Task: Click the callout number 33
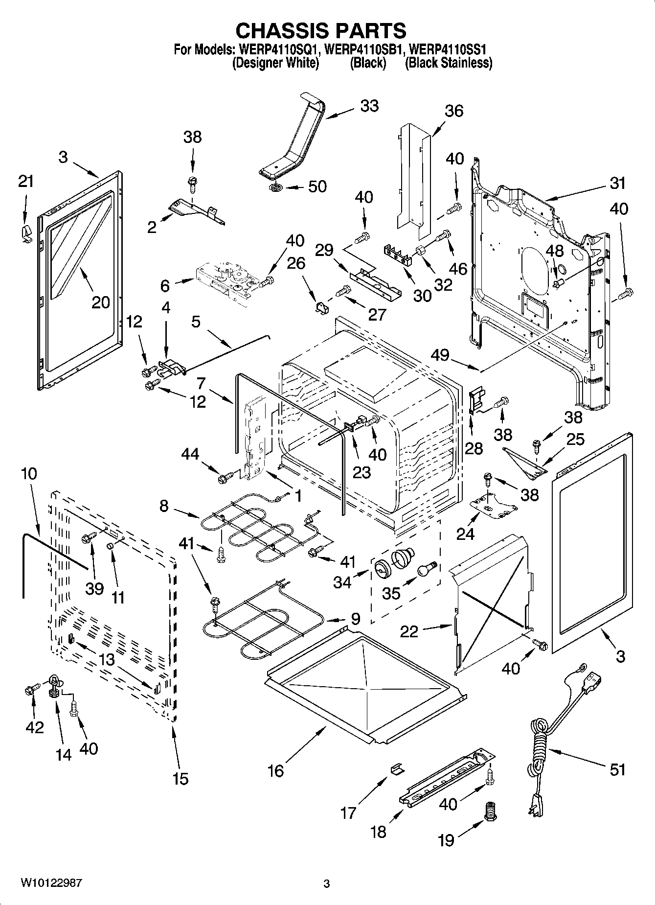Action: pyautogui.click(x=369, y=106)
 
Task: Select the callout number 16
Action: pyautogui.click(x=275, y=771)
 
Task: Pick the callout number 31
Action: pyautogui.click(x=617, y=183)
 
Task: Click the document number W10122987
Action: pyautogui.click(x=51, y=883)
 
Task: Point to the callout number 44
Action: pyautogui.click(x=190, y=455)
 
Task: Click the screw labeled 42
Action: pyautogui.click(x=30, y=690)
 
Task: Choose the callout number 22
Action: pyautogui.click(x=409, y=631)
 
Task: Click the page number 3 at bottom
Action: pyautogui.click(x=327, y=884)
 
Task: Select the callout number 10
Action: pyautogui.click(x=29, y=474)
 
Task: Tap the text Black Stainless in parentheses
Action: pyautogui.click(x=449, y=63)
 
